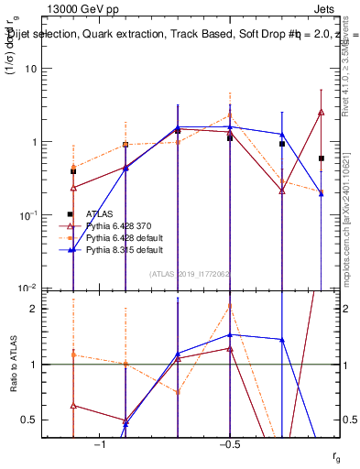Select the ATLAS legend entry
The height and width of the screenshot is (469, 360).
(101, 213)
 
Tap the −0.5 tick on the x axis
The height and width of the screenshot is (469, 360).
(228, 446)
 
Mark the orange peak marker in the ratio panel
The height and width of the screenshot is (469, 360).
(230, 306)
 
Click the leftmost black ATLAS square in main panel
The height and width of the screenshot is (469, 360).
(73, 171)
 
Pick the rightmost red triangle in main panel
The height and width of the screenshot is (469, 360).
(322, 112)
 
